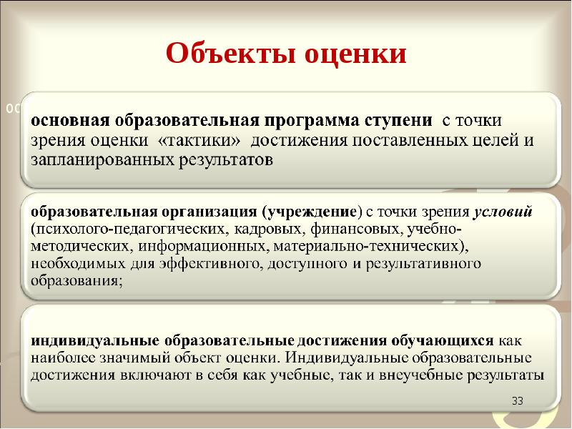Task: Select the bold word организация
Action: tap(207, 212)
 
